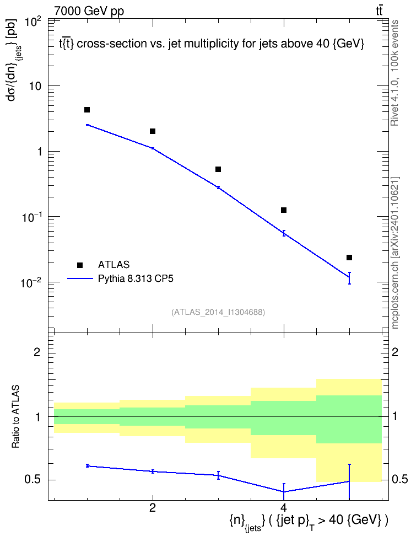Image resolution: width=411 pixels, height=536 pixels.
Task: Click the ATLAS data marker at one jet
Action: tap(87, 110)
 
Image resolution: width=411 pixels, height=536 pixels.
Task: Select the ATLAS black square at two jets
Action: tap(153, 131)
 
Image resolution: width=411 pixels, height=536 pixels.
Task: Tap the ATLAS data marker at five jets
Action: tap(349, 258)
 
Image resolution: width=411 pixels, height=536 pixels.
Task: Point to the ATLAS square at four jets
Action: tap(284, 210)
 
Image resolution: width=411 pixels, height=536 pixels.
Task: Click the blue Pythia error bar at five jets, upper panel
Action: tap(349, 278)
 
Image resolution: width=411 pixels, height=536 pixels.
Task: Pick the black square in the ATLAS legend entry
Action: tap(80, 265)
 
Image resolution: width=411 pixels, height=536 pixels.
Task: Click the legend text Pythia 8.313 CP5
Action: tap(136, 278)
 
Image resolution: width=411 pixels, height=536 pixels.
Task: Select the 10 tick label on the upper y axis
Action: tap(34, 86)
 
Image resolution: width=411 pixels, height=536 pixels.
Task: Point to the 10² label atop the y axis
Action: tap(33, 22)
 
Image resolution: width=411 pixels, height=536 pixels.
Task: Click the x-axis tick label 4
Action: tap(283, 507)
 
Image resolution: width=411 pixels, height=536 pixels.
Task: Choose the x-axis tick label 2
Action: tap(153, 507)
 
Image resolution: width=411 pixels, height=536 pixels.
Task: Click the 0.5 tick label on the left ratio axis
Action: tap(33, 480)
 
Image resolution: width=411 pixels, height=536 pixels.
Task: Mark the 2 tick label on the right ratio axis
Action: tap(394, 352)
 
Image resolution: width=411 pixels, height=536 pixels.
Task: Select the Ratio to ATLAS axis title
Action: tap(16, 416)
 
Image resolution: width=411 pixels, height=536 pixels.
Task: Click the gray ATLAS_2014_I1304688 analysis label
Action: tap(218, 312)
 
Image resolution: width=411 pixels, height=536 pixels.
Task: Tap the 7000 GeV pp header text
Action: tap(89, 11)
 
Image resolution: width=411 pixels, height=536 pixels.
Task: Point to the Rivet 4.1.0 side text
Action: tap(394, 73)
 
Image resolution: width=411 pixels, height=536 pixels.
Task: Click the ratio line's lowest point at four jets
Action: tap(284, 491)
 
